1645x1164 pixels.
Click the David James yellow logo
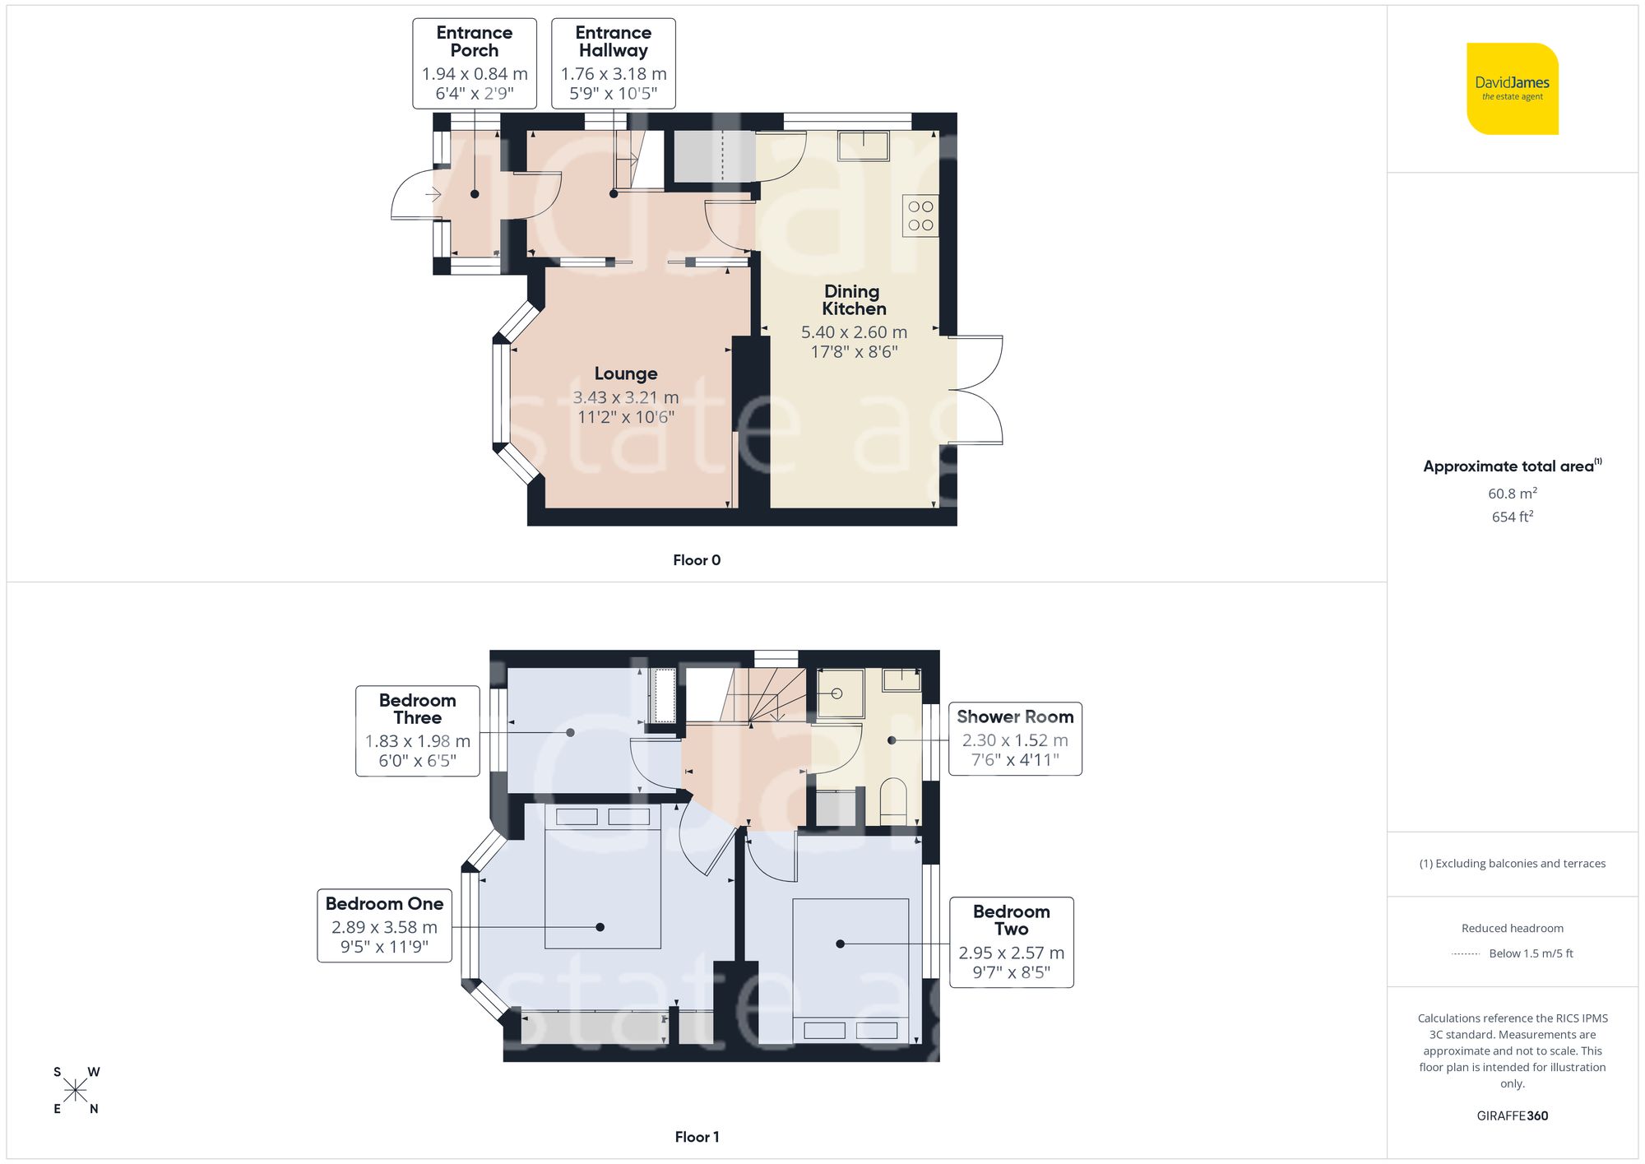[1512, 89]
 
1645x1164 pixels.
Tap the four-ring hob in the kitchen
[920, 216]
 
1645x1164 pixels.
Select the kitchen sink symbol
[863, 146]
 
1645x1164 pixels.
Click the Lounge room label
[626, 373]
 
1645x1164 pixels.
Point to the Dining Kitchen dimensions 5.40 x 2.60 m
[854, 332]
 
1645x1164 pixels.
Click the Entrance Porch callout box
[475, 63]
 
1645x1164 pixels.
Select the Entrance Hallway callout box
[614, 63]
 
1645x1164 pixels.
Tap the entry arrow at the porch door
[433, 195]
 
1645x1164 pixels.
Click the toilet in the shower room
[893, 801]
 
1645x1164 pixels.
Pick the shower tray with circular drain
[839, 693]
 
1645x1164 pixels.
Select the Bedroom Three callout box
[417, 730]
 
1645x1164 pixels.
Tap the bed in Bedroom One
[603, 876]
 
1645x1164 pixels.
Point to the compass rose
[76, 1091]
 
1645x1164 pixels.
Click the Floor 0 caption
[696, 560]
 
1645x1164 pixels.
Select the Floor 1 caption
[696, 1137]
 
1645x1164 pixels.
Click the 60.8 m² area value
[1512, 494]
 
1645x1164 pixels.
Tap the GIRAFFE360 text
[1512, 1115]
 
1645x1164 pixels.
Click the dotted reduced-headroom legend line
[1466, 954]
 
